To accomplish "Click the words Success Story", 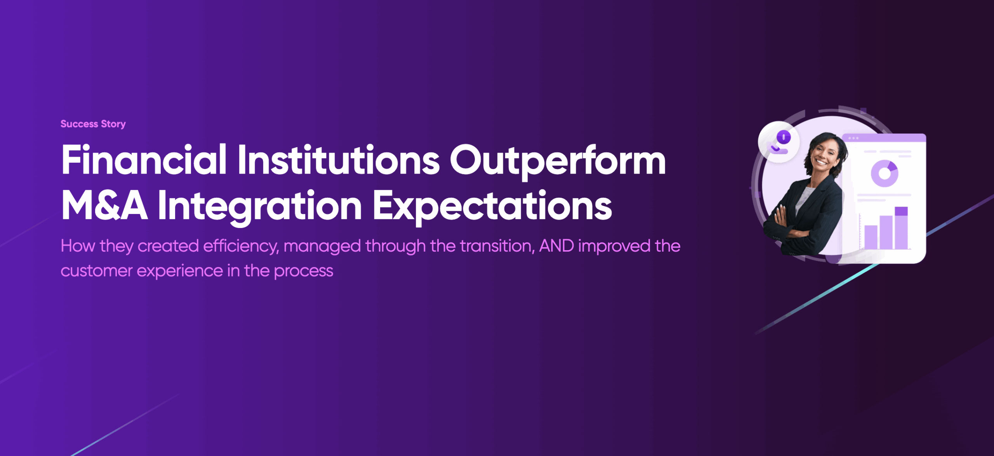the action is (x=93, y=124).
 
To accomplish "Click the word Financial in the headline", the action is (x=144, y=160).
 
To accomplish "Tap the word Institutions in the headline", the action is (x=339, y=160).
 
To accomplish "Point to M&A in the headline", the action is (x=104, y=205).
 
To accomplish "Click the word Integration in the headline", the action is (x=260, y=207).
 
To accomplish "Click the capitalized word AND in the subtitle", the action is (x=556, y=246).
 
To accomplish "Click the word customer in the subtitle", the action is (x=97, y=271).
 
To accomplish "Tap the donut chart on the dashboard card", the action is (x=885, y=173).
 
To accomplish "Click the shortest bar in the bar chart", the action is (x=871, y=237).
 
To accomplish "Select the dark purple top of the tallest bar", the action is (x=901, y=211).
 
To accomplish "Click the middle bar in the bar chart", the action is (x=886, y=232).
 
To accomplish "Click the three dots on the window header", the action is (x=853, y=138).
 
